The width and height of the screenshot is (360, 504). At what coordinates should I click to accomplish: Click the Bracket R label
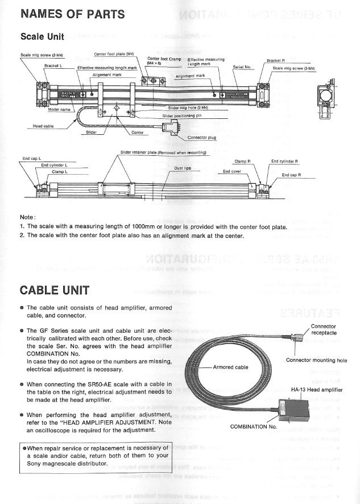[275, 61]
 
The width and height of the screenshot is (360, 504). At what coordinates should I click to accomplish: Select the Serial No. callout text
[242, 67]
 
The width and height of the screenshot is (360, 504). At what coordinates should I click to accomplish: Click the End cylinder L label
[54, 165]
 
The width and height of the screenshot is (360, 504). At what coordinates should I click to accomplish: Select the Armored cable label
[231, 367]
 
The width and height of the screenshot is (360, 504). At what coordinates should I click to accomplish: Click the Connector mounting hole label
[316, 360]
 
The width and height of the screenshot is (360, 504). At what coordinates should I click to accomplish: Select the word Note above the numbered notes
[27, 217]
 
